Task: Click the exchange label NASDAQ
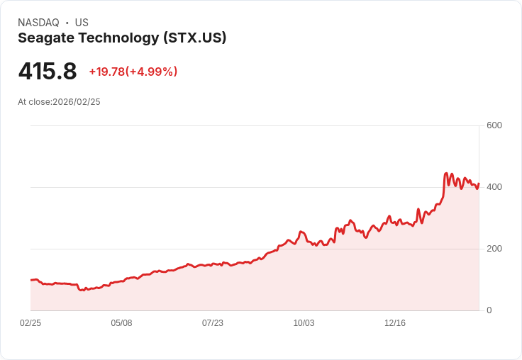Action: click(38, 23)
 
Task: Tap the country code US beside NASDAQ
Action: click(82, 23)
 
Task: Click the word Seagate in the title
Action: click(45, 38)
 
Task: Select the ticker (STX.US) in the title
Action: click(194, 38)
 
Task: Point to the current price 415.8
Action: click(47, 72)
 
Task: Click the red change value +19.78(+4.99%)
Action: click(133, 72)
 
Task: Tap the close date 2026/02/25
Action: click(77, 102)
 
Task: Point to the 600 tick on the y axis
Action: click(494, 125)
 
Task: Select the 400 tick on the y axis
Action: click(494, 187)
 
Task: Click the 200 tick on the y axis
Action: click(494, 249)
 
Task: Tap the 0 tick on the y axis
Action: click(489, 310)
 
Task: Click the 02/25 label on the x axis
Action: click(30, 323)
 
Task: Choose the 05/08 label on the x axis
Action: click(121, 323)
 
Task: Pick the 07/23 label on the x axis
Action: click(213, 323)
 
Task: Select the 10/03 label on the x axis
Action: click(304, 323)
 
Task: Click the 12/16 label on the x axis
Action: click(395, 323)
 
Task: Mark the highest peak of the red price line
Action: click(446, 173)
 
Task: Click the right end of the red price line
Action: click(479, 184)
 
